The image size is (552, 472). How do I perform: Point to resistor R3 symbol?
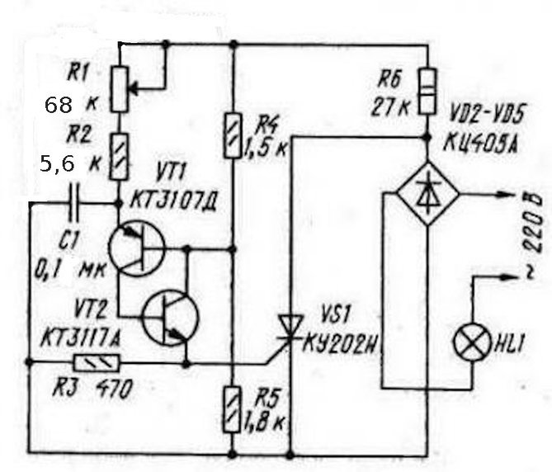(x=97, y=362)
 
